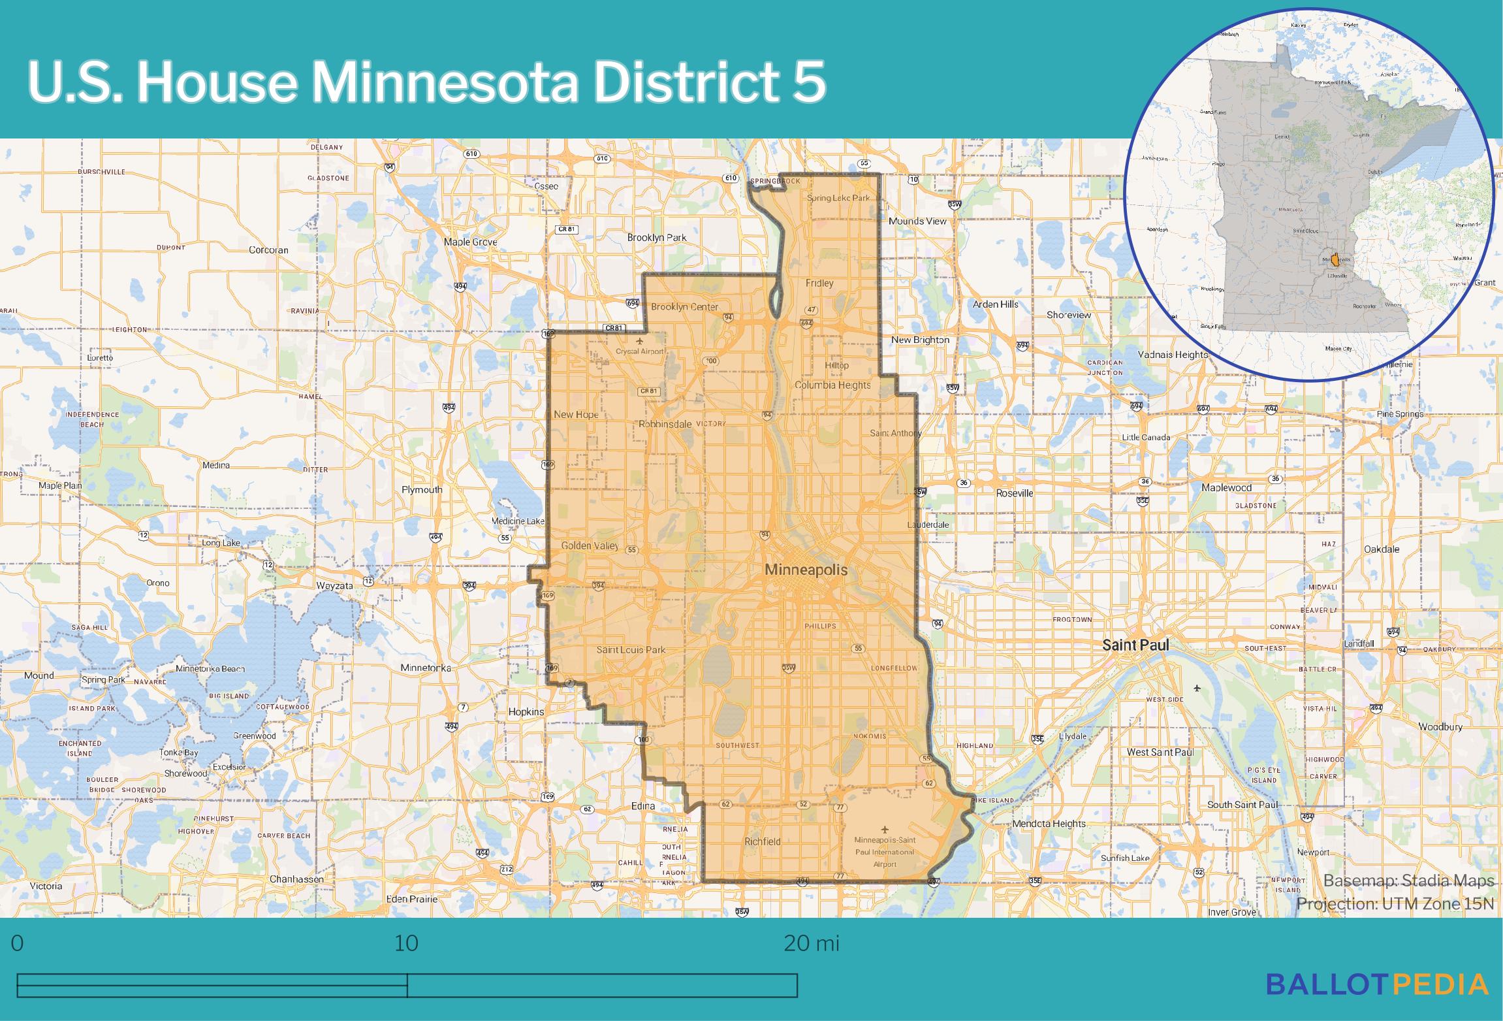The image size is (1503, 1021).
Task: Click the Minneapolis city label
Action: [x=806, y=570]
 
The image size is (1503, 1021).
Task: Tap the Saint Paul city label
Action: [x=1135, y=645]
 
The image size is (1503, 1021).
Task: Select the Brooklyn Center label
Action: [x=684, y=306]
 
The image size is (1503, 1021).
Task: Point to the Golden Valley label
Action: [x=590, y=545]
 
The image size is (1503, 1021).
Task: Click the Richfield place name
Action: [x=762, y=841]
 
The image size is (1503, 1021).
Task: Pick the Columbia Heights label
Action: [x=832, y=385]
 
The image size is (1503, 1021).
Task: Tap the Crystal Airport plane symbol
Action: [x=639, y=340]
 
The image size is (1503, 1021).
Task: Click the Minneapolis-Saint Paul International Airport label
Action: [x=885, y=852]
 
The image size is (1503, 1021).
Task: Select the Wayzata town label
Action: [x=334, y=585]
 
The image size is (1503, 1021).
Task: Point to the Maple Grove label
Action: [x=470, y=242]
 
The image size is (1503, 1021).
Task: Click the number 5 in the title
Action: [x=810, y=84]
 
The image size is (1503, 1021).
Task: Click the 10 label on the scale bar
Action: [x=406, y=943]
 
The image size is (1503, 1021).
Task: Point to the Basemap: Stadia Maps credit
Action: [x=1408, y=881]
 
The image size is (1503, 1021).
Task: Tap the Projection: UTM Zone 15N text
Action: [x=1395, y=903]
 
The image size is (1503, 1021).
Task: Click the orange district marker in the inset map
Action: [x=1335, y=259]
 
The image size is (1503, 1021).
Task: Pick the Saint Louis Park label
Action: [x=631, y=649]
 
